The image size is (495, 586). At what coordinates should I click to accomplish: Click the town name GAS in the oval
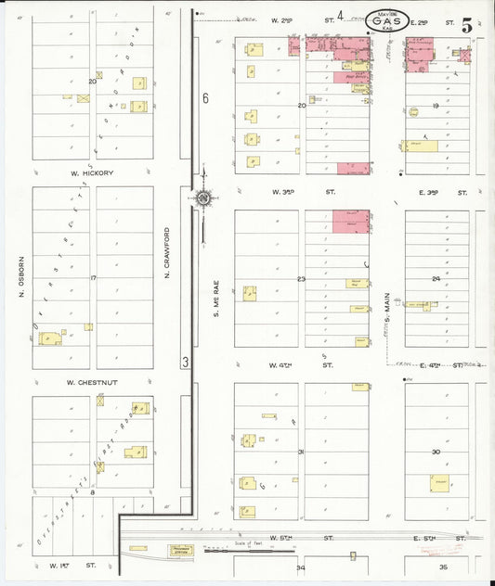tap(385, 18)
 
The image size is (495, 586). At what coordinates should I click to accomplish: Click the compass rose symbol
tap(202, 197)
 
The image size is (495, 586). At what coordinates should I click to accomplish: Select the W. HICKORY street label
tap(91, 172)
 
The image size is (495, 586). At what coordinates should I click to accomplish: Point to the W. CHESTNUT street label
tap(89, 382)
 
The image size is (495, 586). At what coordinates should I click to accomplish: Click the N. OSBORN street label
tap(20, 279)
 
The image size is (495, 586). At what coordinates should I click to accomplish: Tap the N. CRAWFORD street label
tap(168, 249)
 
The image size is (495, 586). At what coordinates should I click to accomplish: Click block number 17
tap(93, 278)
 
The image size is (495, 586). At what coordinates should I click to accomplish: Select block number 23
tap(301, 278)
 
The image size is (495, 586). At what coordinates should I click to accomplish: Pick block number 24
tap(436, 278)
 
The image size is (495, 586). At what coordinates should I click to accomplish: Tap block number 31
tap(301, 452)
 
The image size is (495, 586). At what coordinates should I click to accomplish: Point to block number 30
tap(436, 452)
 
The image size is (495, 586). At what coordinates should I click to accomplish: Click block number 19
tap(436, 106)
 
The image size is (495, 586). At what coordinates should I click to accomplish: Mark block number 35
tap(443, 567)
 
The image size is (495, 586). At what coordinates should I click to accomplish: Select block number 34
tap(300, 567)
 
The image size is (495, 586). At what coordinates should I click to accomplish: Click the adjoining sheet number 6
tap(205, 98)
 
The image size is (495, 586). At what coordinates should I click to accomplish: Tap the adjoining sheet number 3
tap(186, 362)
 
